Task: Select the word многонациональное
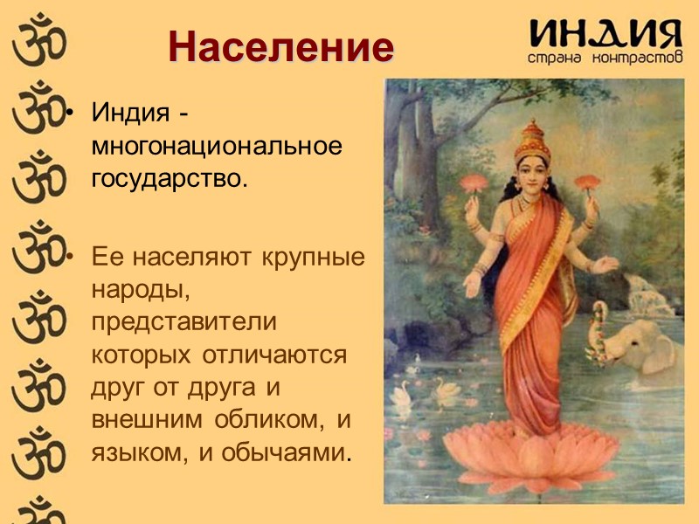pyautogui.click(x=217, y=146)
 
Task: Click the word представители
pyautogui.click(x=184, y=322)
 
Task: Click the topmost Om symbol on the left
pyautogui.click(x=33, y=37)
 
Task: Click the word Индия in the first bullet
pyautogui.click(x=130, y=114)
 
